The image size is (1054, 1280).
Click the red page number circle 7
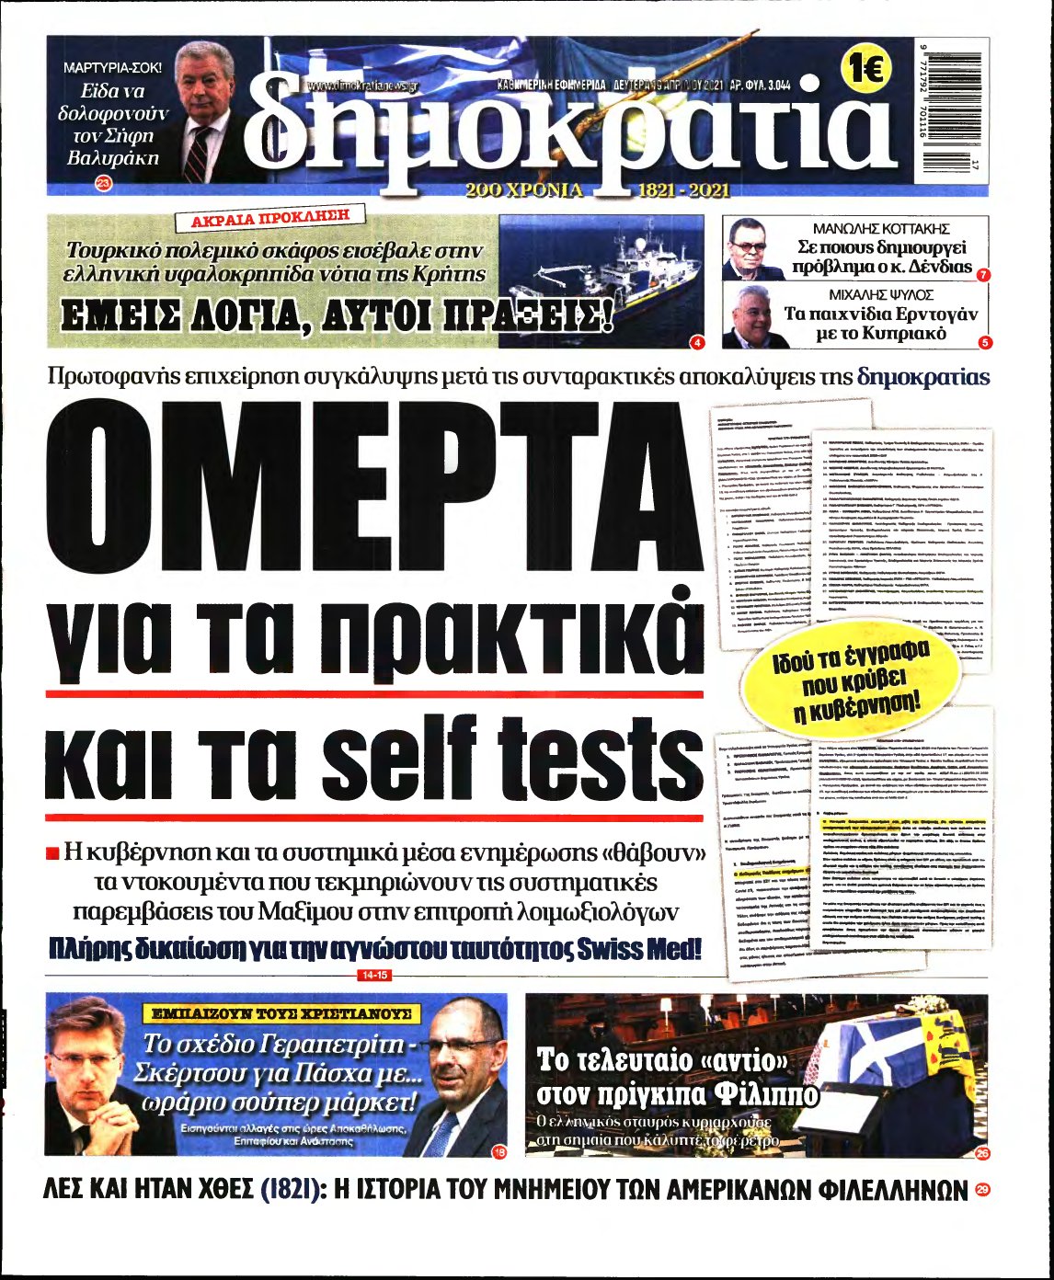click(x=983, y=275)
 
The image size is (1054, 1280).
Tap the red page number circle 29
click(x=982, y=1192)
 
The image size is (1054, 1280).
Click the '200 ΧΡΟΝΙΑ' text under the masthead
click(x=524, y=190)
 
